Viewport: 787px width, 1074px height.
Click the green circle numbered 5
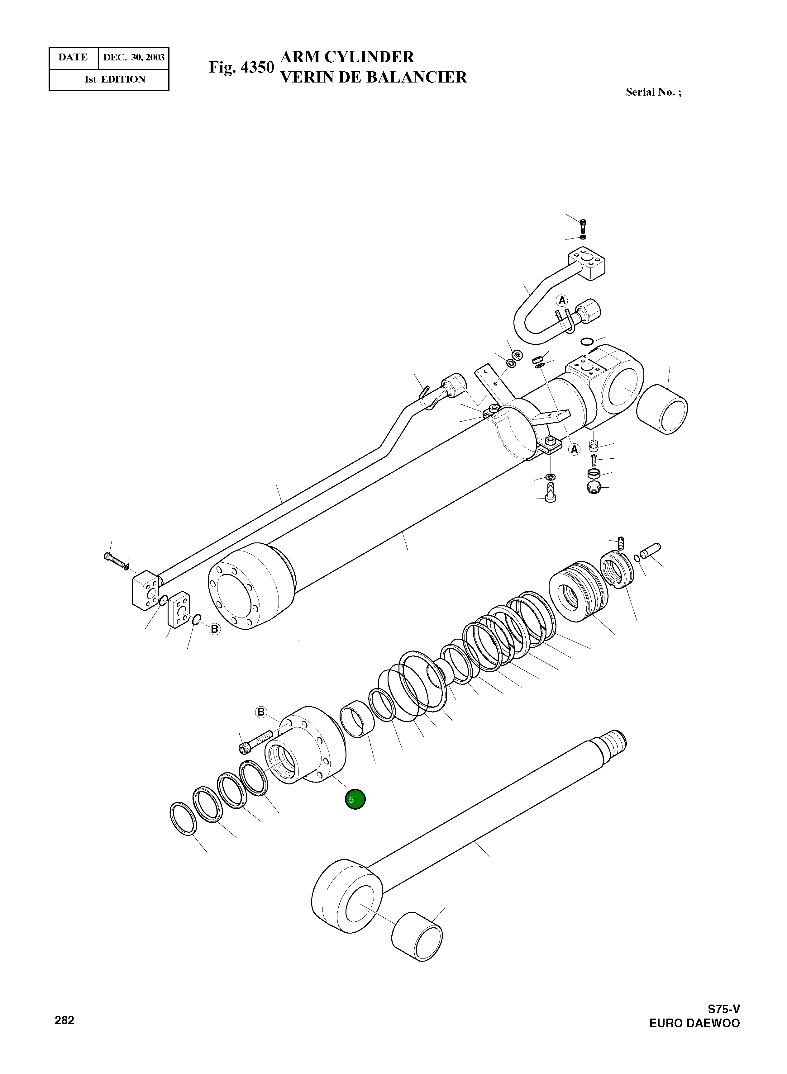(x=355, y=799)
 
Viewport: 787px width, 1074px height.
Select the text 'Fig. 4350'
(x=241, y=68)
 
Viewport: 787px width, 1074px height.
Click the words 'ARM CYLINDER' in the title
(x=347, y=57)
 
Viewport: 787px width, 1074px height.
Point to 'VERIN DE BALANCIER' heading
(x=374, y=77)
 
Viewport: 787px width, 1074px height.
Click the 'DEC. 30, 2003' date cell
(x=134, y=58)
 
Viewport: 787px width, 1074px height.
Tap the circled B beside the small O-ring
(x=215, y=629)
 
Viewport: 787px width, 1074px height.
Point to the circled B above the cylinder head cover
(x=260, y=712)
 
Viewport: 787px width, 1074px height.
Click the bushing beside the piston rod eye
(x=417, y=936)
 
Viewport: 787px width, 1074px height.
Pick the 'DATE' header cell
(x=73, y=58)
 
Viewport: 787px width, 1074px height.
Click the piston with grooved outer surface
(x=579, y=595)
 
